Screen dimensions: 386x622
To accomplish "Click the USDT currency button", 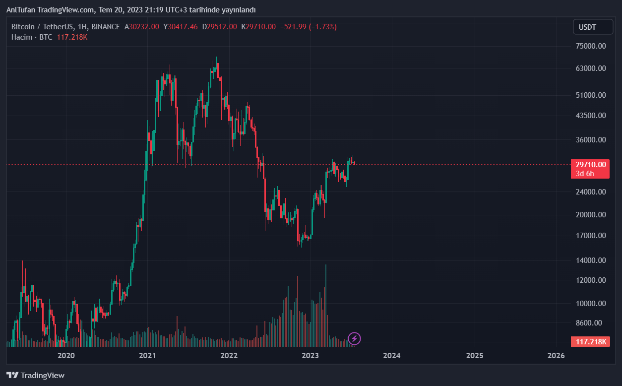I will click(x=593, y=27).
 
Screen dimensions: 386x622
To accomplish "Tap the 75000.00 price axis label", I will click(x=591, y=46).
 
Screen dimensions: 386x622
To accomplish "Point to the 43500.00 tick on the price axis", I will click(x=591, y=116).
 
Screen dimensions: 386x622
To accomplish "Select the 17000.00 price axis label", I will click(x=591, y=236).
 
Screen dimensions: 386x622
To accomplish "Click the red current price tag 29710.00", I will click(x=590, y=165).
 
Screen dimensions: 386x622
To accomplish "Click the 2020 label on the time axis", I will click(x=66, y=356).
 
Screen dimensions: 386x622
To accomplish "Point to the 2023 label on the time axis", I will click(x=311, y=356).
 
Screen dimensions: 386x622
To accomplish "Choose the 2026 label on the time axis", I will click(x=556, y=356).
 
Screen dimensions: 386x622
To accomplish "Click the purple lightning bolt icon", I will click(x=354, y=339).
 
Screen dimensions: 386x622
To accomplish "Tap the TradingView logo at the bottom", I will click(x=35, y=375).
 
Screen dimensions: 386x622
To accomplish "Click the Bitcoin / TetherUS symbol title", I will click(x=43, y=27).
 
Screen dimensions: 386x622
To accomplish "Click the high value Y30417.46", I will click(x=181, y=27).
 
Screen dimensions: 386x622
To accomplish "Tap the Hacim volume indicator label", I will click(x=22, y=37).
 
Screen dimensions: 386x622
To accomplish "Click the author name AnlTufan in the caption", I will click(x=20, y=10).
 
